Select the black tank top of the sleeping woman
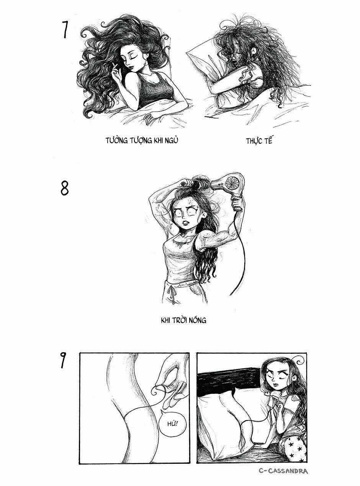[x=155, y=90]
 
